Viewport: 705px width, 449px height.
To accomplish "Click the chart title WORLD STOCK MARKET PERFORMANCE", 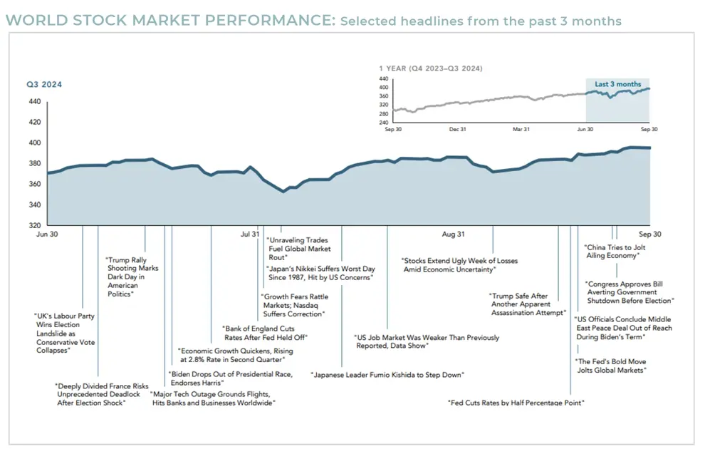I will click(x=169, y=21).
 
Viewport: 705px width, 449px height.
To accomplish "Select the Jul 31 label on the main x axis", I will click(x=250, y=234).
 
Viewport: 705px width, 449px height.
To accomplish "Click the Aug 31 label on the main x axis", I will click(x=453, y=234).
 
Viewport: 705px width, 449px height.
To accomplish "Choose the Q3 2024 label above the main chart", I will click(x=44, y=85).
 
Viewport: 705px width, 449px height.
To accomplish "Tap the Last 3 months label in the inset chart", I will click(x=618, y=84).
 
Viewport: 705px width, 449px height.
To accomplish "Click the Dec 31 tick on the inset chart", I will click(x=457, y=129).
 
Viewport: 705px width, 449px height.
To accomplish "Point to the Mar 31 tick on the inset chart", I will click(x=521, y=129).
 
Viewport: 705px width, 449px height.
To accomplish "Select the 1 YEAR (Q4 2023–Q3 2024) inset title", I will click(x=431, y=68).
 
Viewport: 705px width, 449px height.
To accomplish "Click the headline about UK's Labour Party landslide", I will click(x=65, y=333).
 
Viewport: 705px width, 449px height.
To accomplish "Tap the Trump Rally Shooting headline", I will click(x=132, y=277).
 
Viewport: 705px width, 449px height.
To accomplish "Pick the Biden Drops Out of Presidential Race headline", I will click(x=230, y=378).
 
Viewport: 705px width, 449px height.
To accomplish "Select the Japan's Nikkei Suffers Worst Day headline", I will click(x=320, y=272).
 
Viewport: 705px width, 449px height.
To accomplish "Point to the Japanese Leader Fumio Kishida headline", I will click(x=387, y=374).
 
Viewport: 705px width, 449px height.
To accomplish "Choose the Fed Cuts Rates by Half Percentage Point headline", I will click(x=516, y=403).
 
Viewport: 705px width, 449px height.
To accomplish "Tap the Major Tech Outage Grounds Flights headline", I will click(x=212, y=398).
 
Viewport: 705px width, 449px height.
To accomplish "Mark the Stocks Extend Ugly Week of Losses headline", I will click(x=459, y=265).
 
